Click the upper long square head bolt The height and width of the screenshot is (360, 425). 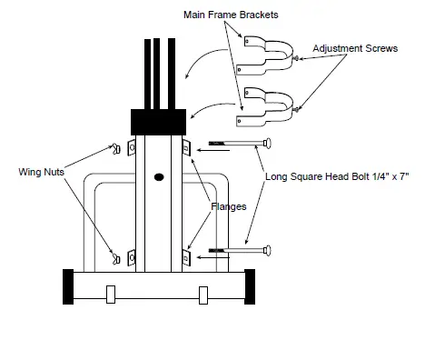pyautogui.click(x=240, y=144)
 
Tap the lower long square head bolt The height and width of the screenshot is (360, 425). pyautogui.click(x=240, y=248)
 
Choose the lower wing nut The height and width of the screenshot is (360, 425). pyautogui.click(x=115, y=258)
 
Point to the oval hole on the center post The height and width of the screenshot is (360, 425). pyautogui.click(x=159, y=176)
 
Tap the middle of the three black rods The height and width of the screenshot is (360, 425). pyautogui.click(x=159, y=73)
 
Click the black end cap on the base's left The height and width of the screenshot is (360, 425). pyautogui.click(x=67, y=289)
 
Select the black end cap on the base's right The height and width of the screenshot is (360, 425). pyautogui.click(x=247, y=289)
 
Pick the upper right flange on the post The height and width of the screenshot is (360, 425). pyautogui.click(x=186, y=148)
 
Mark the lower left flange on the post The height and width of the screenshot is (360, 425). pyautogui.click(x=133, y=258)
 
